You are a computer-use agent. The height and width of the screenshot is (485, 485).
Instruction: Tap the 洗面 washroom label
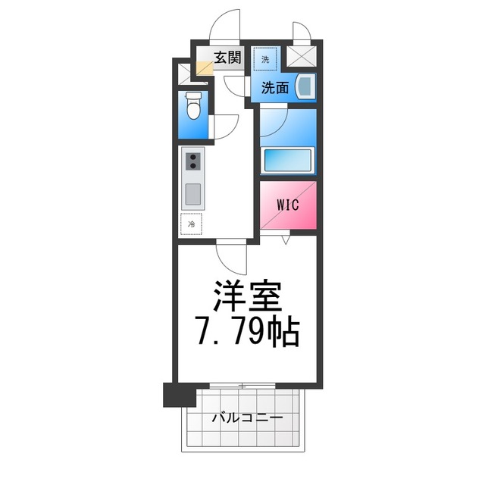(x=275, y=87)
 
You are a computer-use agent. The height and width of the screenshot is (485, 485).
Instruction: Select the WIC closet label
(x=287, y=205)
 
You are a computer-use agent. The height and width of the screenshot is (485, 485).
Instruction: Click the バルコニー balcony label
(x=247, y=418)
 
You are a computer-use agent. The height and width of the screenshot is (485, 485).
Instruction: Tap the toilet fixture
(x=193, y=107)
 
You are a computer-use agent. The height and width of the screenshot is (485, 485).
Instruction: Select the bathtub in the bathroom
(x=287, y=161)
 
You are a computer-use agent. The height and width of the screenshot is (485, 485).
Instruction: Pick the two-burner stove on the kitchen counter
(x=192, y=161)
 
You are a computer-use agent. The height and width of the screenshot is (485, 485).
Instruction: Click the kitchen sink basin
(x=192, y=195)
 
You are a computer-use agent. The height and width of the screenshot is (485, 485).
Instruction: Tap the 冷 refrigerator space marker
(x=192, y=224)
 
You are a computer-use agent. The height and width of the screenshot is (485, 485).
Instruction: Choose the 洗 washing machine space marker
(x=266, y=58)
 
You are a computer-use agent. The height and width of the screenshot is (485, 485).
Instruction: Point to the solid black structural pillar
(x=174, y=394)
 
